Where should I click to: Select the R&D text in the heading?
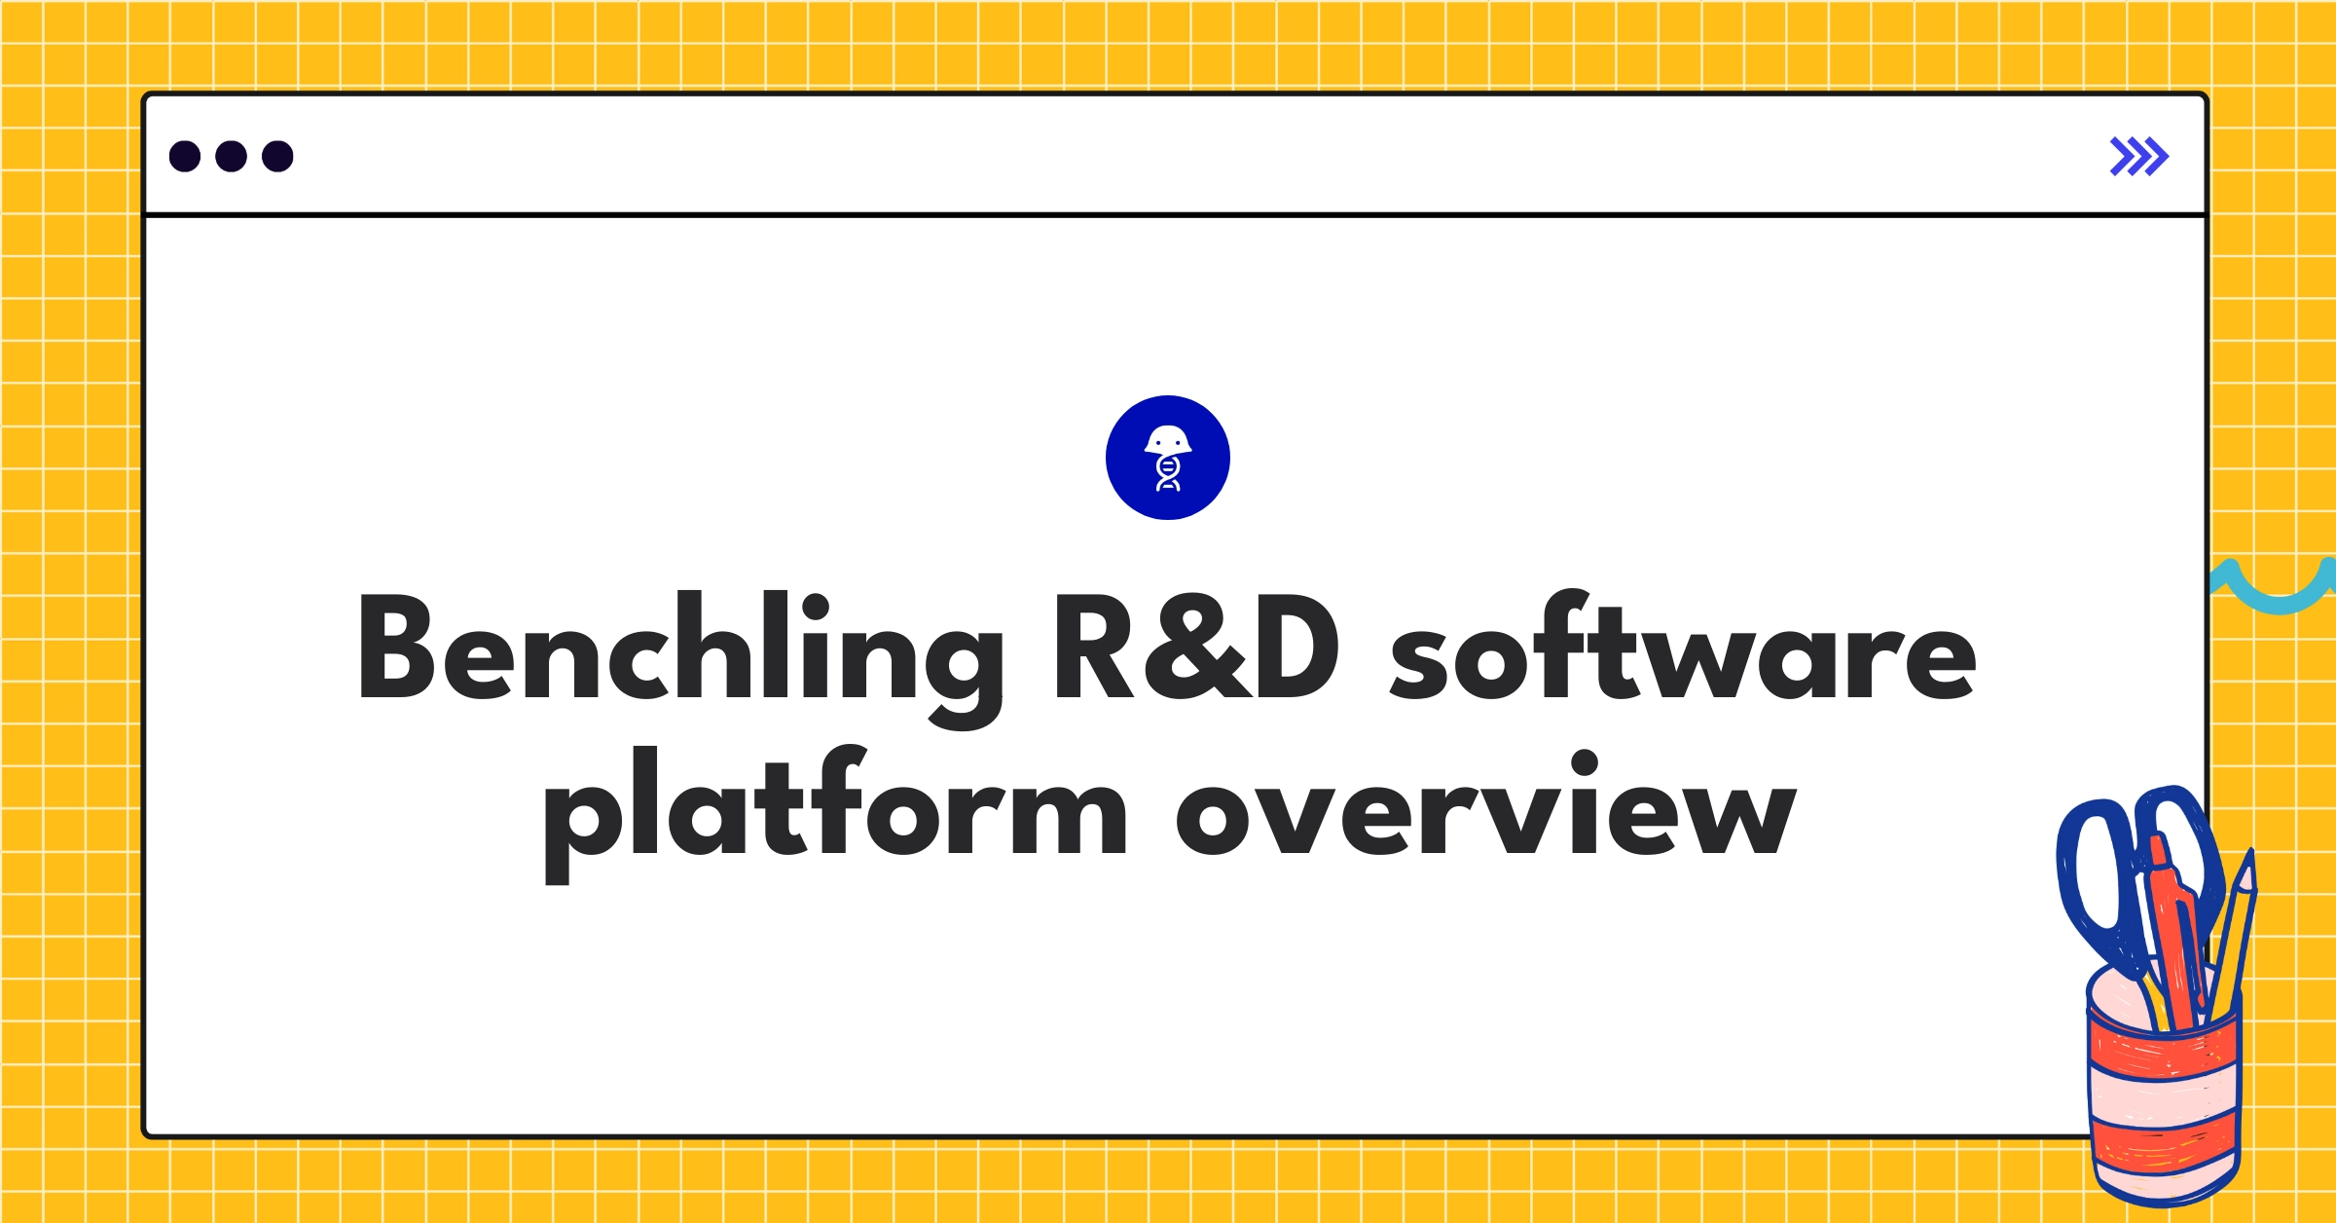pyautogui.click(x=1197, y=648)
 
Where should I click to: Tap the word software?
pyautogui.click(x=1682, y=648)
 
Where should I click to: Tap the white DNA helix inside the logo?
pyautogui.click(x=1168, y=474)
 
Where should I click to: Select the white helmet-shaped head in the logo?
pyautogui.click(x=1168, y=440)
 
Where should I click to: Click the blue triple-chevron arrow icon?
pyautogui.click(x=2138, y=157)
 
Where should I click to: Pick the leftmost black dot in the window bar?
pyautogui.click(x=185, y=157)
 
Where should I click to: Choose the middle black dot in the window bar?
pyautogui.click(x=231, y=157)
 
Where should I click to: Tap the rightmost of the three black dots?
pyautogui.click(x=277, y=157)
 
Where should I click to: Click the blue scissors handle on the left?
pyautogui.click(x=2093, y=876)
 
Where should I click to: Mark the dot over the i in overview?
pyautogui.click(x=1584, y=762)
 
